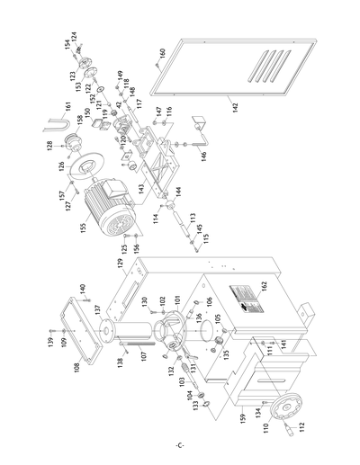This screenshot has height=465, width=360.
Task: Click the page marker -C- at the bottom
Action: click(180, 447)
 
